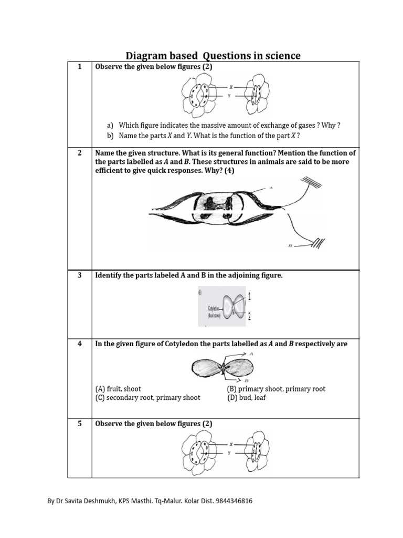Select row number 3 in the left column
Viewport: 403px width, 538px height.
tap(80, 275)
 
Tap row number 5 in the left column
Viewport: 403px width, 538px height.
tap(80, 423)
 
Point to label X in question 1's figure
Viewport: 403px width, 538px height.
tap(230, 87)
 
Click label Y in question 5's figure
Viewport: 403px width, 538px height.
tap(230, 452)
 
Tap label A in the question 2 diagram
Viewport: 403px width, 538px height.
tap(271, 188)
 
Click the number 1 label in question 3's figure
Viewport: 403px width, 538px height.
tap(249, 297)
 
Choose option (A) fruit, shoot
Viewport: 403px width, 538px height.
tap(118, 389)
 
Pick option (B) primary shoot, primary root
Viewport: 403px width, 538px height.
tap(276, 389)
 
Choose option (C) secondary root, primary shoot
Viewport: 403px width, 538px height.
tap(147, 398)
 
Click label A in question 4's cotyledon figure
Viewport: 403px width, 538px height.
tap(251, 355)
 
